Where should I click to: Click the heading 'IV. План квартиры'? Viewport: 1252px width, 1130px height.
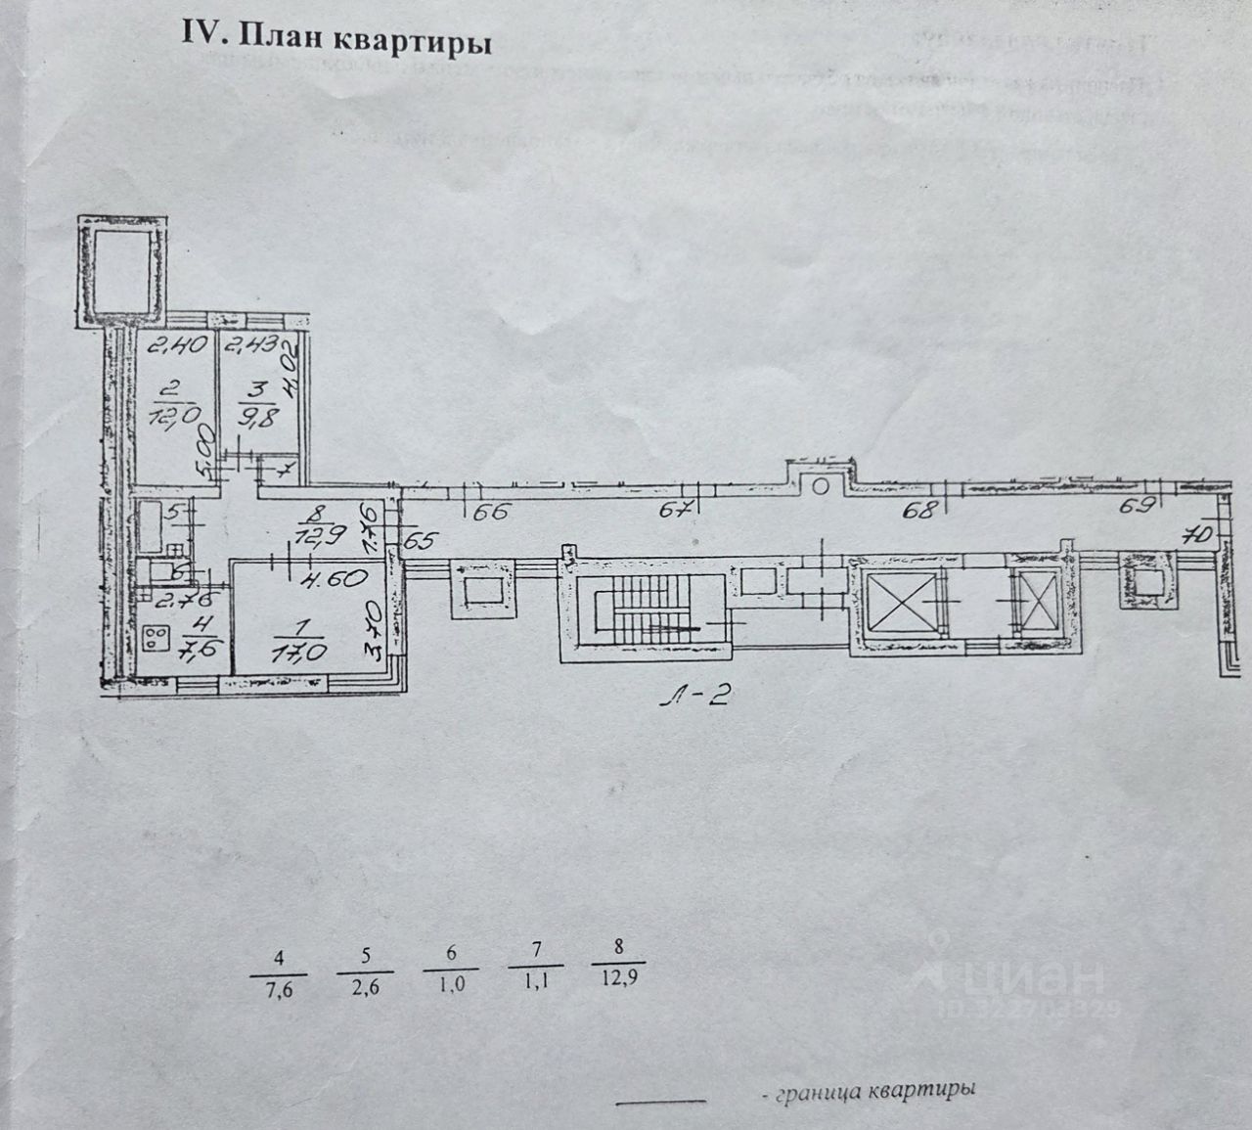[335, 41]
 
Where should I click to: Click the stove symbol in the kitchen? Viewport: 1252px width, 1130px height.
[156, 638]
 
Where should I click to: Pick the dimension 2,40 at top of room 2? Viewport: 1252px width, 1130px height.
[159, 345]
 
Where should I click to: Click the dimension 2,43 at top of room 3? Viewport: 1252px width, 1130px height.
[247, 345]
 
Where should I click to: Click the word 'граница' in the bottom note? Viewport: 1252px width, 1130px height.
[817, 1090]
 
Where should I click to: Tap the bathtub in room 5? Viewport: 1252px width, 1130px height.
[155, 523]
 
